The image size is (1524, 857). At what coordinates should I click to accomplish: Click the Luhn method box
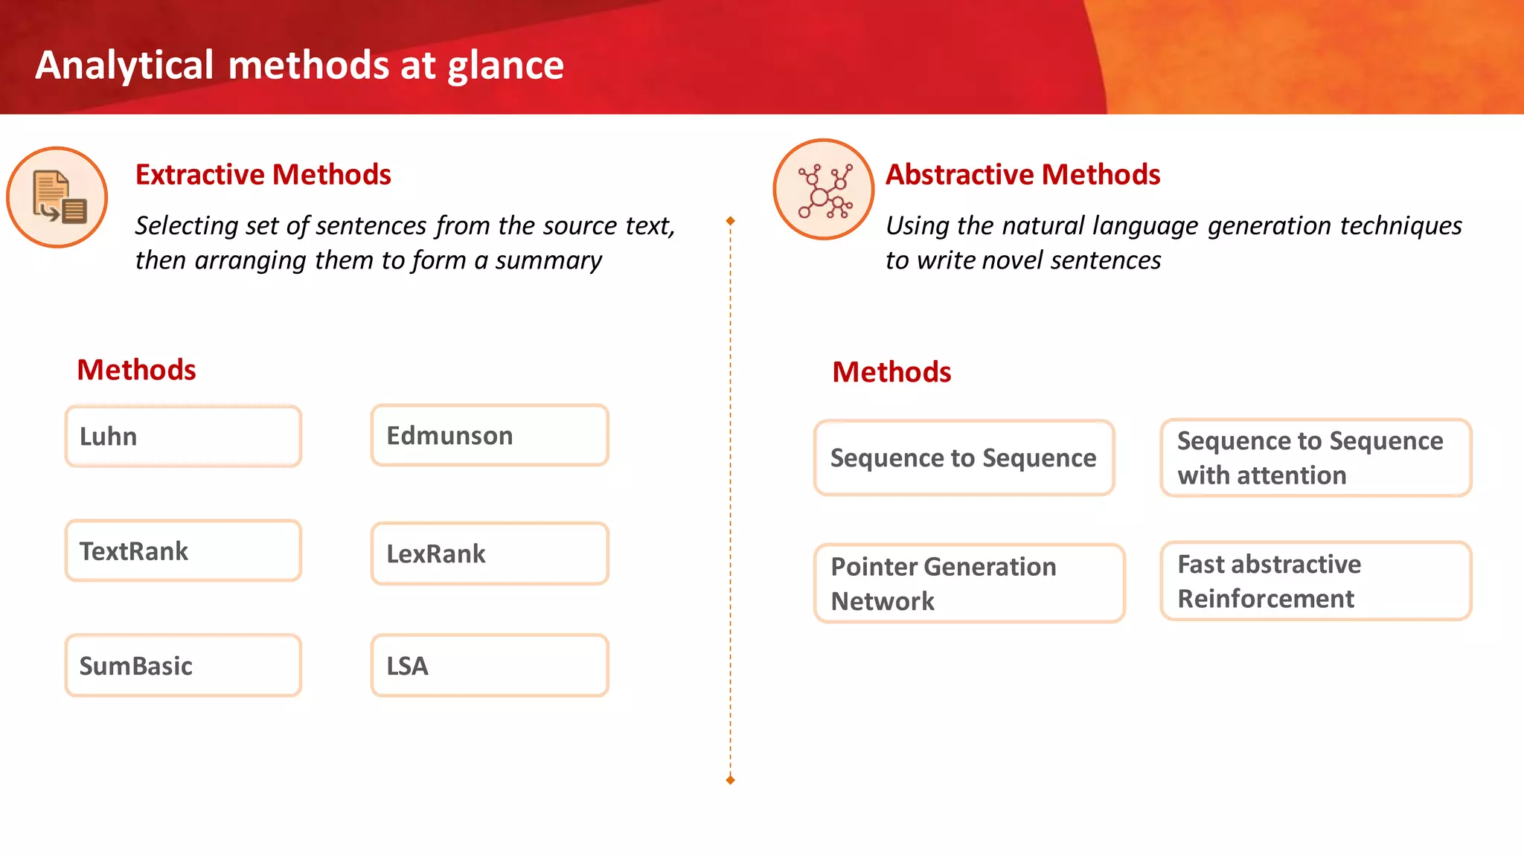[x=183, y=437]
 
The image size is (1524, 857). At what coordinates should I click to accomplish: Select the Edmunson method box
[x=490, y=436]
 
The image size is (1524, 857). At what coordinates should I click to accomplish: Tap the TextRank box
[x=183, y=551]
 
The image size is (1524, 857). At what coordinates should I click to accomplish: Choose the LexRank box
[x=490, y=553]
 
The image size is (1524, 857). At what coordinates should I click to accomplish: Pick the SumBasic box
[x=183, y=666]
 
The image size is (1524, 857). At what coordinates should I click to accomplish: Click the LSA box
[x=490, y=666]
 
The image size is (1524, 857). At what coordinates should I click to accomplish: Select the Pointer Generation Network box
[x=969, y=583]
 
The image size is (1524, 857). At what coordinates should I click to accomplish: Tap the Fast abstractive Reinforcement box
[x=1316, y=581]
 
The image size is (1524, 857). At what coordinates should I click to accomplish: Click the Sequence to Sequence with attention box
[x=1316, y=458]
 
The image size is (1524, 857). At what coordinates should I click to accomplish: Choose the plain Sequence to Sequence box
[x=964, y=458]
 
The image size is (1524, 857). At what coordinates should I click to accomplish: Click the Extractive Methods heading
[x=263, y=175]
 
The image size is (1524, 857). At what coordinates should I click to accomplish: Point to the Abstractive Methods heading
[x=1022, y=175]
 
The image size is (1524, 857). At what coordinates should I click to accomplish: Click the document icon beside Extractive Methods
[x=57, y=197]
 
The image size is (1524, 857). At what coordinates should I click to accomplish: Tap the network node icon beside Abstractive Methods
[x=824, y=190]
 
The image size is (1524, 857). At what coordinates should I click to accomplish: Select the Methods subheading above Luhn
[x=136, y=370]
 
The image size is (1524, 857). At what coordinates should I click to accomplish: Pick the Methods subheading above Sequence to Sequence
[x=891, y=372]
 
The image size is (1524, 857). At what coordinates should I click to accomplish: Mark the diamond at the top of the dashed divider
[x=730, y=221]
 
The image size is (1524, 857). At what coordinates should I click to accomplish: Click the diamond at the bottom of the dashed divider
[x=730, y=780]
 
